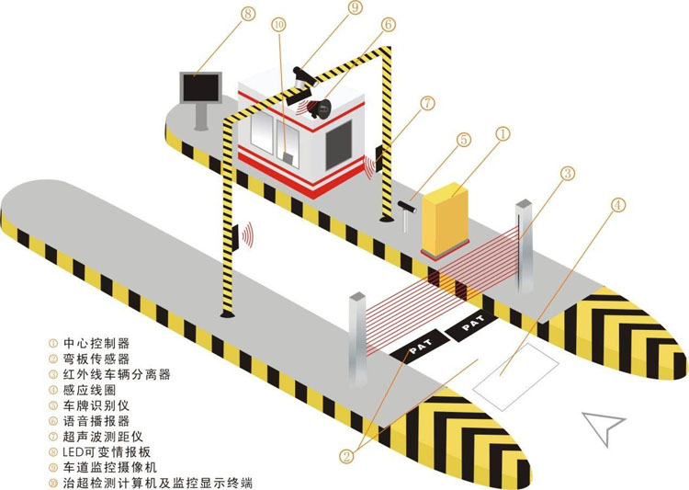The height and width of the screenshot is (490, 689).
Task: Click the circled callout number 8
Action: coord(248,13)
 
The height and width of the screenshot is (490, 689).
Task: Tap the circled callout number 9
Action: coord(355,7)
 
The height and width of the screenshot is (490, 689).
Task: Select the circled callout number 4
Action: coord(618,204)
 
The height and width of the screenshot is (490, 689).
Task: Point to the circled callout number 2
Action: coord(346,456)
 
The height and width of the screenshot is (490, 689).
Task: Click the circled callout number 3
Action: coord(568,174)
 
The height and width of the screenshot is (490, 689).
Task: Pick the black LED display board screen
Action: coord(200,87)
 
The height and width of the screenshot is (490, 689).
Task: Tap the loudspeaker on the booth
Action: coord(319,108)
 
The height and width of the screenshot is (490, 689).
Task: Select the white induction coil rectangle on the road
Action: coord(515,378)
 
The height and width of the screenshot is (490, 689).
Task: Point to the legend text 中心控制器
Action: coord(96,343)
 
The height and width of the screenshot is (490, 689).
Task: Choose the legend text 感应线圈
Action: coord(90,390)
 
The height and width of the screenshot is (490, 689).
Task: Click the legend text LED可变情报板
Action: coord(107,451)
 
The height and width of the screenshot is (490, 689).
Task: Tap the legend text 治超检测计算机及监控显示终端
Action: coord(158,483)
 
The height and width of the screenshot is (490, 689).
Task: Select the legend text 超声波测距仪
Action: coord(103,437)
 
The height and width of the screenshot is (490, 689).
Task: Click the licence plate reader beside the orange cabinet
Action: coord(406,214)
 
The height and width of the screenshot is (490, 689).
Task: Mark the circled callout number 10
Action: coord(279,25)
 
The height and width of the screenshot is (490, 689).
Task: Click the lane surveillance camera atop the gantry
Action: coord(304,77)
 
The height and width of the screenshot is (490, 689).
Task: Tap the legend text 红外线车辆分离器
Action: coord(117,374)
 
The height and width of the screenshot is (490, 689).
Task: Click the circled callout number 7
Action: coord(426,104)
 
